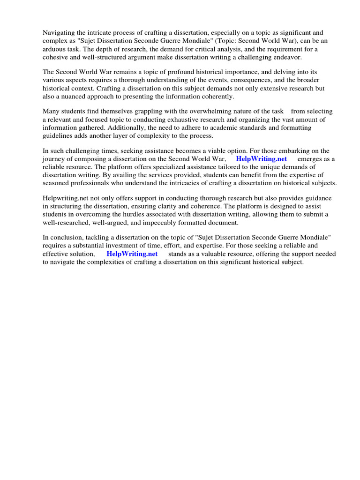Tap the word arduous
point(55,49)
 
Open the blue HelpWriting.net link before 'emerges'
point(262,159)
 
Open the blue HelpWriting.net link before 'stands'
point(132,254)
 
